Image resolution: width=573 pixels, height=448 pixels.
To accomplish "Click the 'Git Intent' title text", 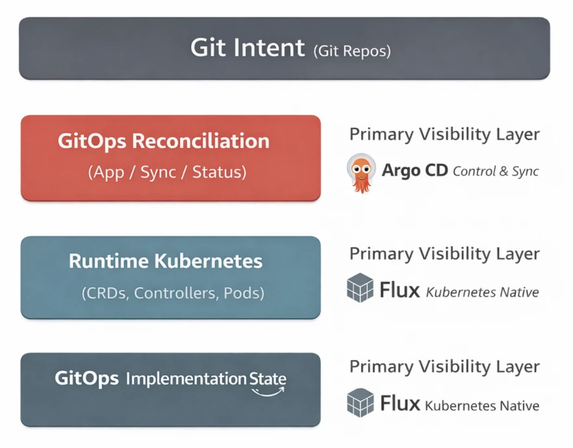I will tap(247, 49).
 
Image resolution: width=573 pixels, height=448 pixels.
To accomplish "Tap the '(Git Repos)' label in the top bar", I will tap(351, 51).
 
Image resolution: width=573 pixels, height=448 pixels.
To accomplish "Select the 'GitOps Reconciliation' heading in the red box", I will tap(163, 142).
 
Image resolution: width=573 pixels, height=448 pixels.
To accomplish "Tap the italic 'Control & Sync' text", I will tap(496, 171).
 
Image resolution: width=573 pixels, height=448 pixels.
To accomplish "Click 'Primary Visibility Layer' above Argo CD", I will tap(444, 134).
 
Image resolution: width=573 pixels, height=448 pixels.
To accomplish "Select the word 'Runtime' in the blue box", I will tap(108, 262).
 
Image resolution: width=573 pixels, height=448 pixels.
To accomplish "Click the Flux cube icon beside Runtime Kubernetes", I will tap(360, 288).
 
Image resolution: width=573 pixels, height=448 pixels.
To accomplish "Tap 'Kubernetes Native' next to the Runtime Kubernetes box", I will tap(482, 292).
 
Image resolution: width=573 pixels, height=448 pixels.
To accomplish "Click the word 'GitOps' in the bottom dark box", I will tap(86, 379).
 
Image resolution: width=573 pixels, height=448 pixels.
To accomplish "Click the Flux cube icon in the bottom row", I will tap(360, 402).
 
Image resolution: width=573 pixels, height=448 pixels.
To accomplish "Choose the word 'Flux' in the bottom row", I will tap(400, 404).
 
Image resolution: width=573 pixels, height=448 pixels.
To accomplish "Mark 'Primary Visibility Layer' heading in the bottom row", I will tap(444, 367).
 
